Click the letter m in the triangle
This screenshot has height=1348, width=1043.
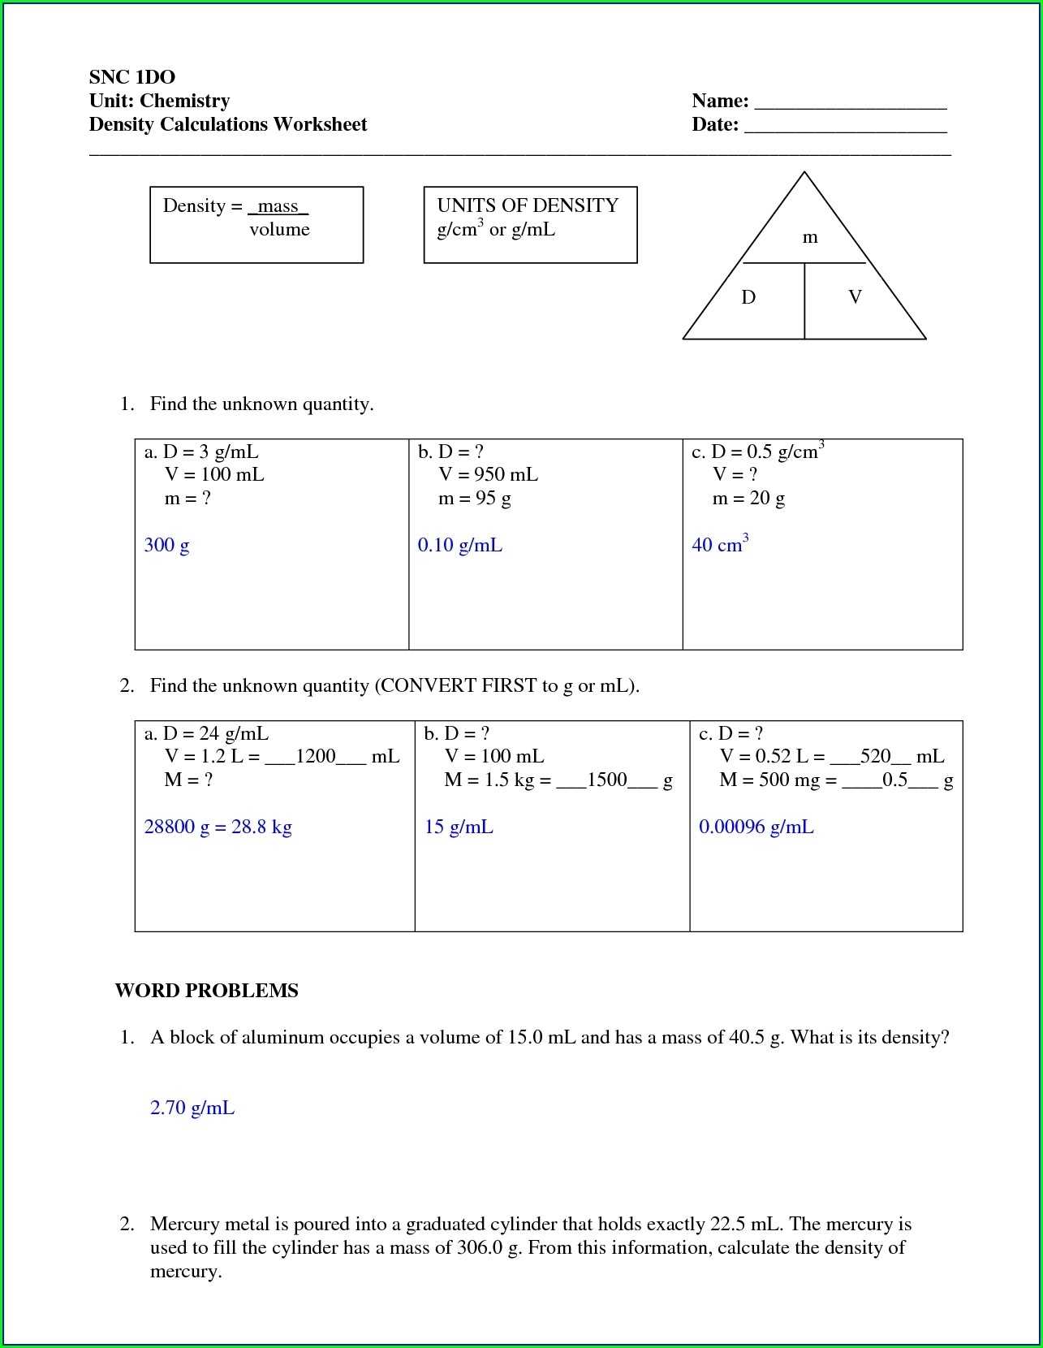pyautogui.click(x=809, y=237)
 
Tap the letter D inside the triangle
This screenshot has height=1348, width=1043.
pyautogui.click(x=748, y=297)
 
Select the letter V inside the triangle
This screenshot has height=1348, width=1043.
pyautogui.click(x=855, y=297)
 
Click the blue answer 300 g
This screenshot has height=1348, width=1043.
pyautogui.click(x=166, y=545)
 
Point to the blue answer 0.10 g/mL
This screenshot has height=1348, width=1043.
pyautogui.click(x=459, y=545)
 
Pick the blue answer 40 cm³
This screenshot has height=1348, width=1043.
pyautogui.click(x=719, y=544)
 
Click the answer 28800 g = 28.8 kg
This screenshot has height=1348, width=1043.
pyautogui.click(x=218, y=827)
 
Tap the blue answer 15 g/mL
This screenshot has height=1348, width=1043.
pyautogui.click(x=459, y=827)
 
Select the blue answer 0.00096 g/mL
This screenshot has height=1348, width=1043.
pyautogui.click(x=756, y=827)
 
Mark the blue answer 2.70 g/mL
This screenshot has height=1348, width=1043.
pyautogui.click(x=192, y=1108)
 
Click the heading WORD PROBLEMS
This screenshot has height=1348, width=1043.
pyautogui.click(x=206, y=991)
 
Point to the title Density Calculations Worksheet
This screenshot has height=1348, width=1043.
pyautogui.click(x=228, y=124)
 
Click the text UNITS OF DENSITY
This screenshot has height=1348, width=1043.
pyautogui.click(x=528, y=205)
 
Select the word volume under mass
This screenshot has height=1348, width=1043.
pyautogui.click(x=279, y=229)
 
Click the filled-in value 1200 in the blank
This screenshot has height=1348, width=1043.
pyautogui.click(x=316, y=757)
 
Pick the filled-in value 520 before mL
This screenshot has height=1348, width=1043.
pyautogui.click(x=876, y=757)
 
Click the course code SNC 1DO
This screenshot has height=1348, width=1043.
pyautogui.click(x=132, y=77)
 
